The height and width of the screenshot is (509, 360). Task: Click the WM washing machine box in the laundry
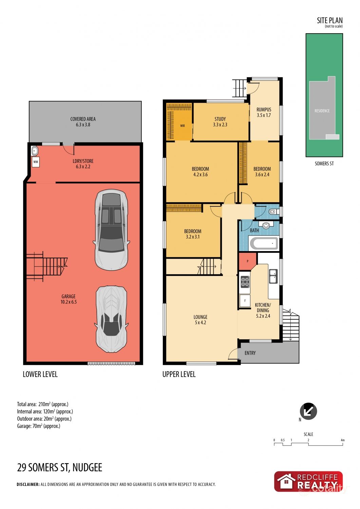click(36, 162)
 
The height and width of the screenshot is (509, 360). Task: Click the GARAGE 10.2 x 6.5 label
click(69, 299)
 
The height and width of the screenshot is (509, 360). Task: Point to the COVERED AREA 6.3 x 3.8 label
click(83, 122)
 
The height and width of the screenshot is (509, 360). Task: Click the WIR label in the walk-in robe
click(182, 126)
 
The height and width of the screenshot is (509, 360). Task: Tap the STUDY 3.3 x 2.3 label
click(220, 122)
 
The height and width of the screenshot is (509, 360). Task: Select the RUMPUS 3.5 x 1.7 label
click(264, 112)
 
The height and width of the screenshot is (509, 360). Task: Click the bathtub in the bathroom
click(264, 243)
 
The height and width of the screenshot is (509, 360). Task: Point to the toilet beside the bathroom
click(273, 212)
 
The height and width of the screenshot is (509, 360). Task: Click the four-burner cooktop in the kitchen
click(245, 282)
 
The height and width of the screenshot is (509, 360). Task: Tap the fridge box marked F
click(245, 301)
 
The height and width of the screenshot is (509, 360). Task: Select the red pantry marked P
click(247, 261)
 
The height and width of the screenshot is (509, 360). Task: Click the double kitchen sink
click(273, 276)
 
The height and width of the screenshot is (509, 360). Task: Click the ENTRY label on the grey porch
click(250, 353)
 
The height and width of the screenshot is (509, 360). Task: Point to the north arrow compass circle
click(308, 411)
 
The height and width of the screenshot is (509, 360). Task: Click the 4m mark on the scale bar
click(342, 440)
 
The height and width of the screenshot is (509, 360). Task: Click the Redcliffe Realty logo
click(308, 481)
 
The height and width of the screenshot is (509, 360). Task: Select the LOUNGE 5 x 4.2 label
click(200, 320)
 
